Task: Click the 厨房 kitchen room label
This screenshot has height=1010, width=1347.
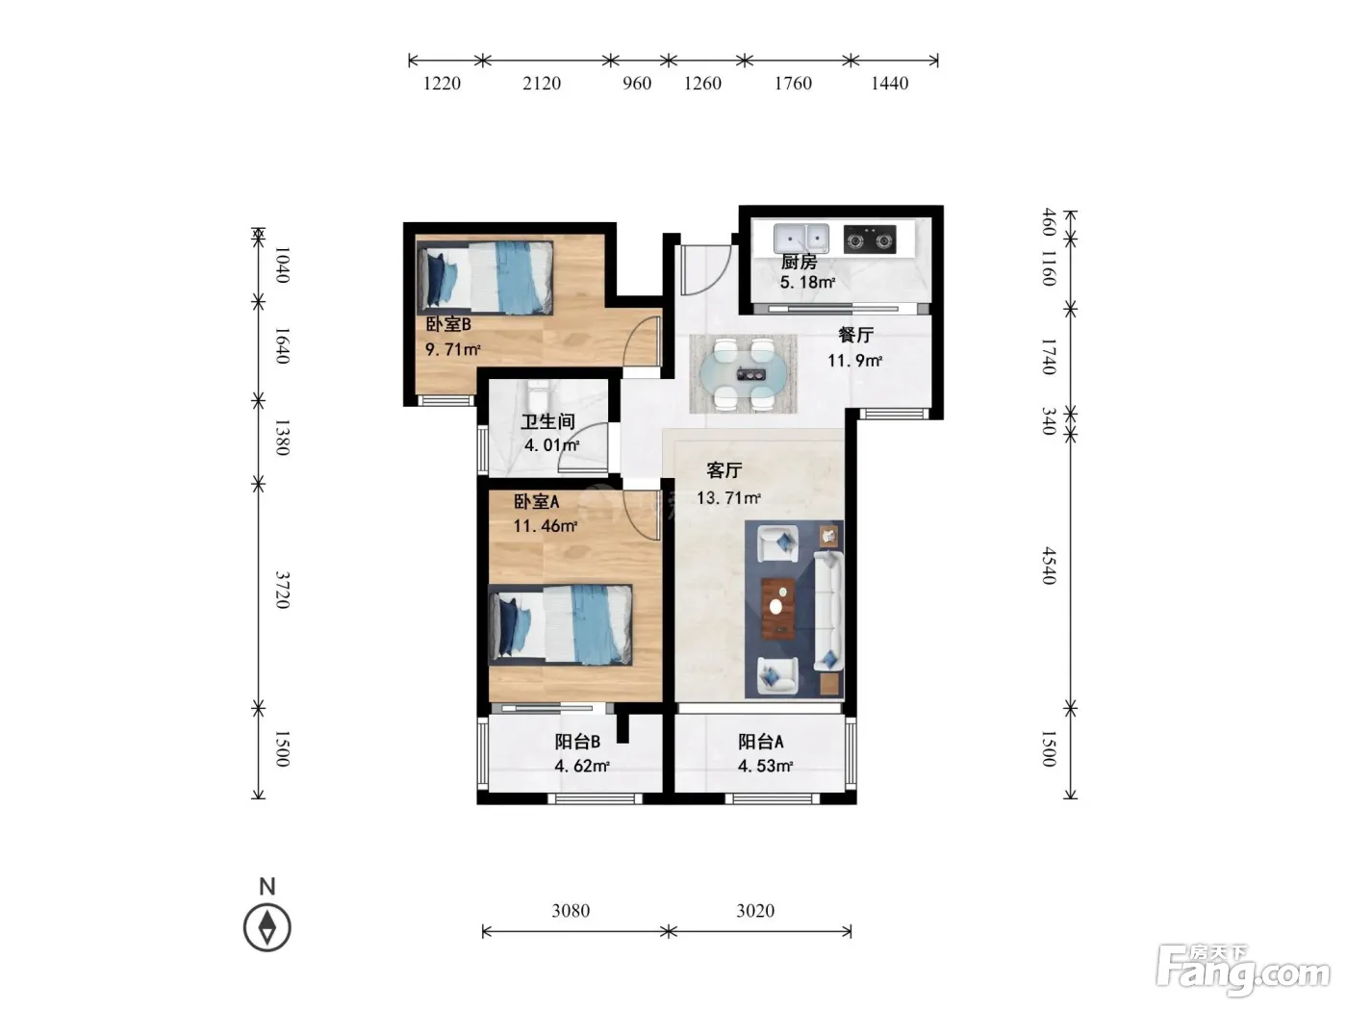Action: pyautogui.click(x=799, y=263)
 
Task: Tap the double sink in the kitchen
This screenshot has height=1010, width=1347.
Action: pyautogui.click(x=801, y=238)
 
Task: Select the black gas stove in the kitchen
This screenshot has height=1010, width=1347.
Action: pyautogui.click(x=869, y=240)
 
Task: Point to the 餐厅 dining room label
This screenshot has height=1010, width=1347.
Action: pyautogui.click(x=855, y=335)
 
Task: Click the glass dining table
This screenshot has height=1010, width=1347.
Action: pyautogui.click(x=743, y=373)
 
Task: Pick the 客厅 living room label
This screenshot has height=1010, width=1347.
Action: pyautogui.click(x=724, y=470)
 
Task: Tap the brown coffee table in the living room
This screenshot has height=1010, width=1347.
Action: pyautogui.click(x=778, y=608)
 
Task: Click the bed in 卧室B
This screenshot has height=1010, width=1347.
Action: pyautogui.click(x=485, y=277)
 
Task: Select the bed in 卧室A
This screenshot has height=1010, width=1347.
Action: pyautogui.click(x=560, y=624)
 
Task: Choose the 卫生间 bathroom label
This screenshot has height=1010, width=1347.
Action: pyautogui.click(x=548, y=422)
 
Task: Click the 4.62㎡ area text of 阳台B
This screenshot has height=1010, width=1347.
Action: pyautogui.click(x=582, y=766)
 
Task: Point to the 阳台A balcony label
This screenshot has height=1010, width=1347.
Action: pyautogui.click(x=760, y=742)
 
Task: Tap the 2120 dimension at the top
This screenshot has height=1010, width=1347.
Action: pyautogui.click(x=542, y=84)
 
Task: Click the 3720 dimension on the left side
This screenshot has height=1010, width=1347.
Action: pyautogui.click(x=282, y=590)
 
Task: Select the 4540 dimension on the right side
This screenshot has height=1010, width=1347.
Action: pyautogui.click(x=1049, y=566)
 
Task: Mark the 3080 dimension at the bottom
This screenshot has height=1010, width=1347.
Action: pyautogui.click(x=571, y=911)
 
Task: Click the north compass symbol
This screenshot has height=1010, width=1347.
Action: pyautogui.click(x=267, y=927)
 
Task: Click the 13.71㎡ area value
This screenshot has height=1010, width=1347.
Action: pyautogui.click(x=728, y=497)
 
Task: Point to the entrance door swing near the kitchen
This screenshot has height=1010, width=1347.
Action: pyautogui.click(x=705, y=270)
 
